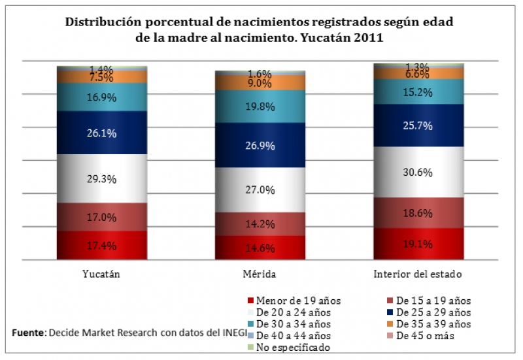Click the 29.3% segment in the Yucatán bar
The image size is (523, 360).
pos(102,178)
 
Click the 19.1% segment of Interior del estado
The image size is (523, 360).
pos(418,244)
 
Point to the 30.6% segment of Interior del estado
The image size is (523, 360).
pos(418,172)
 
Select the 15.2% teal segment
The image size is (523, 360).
pos(418,92)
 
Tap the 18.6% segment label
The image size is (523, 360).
pos(418,213)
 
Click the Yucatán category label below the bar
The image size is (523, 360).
pos(102,274)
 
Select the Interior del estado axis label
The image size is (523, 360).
pos(418,274)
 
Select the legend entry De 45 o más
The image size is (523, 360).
pos(428,336)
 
